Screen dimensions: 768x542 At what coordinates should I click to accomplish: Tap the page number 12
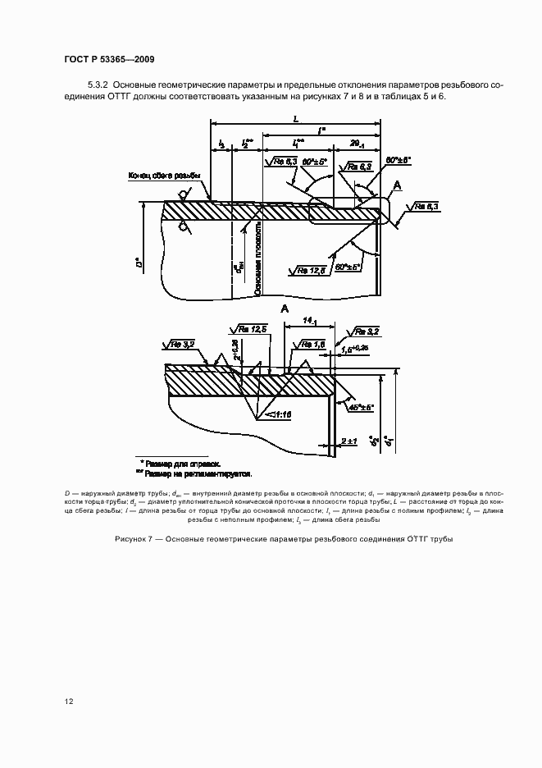(70, 701)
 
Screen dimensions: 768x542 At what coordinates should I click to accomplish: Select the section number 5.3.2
(98, 85)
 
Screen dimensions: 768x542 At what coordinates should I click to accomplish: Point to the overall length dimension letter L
(294, 118)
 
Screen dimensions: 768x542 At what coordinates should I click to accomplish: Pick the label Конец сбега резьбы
(163, 175)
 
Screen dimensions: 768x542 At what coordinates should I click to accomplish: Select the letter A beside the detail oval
(397, 186)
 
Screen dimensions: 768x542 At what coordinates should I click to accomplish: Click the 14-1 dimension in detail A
(307, 321)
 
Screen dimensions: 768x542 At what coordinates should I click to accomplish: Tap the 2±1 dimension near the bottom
(348, 442)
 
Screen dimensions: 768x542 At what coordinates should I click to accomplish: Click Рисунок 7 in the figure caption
(136, 540)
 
